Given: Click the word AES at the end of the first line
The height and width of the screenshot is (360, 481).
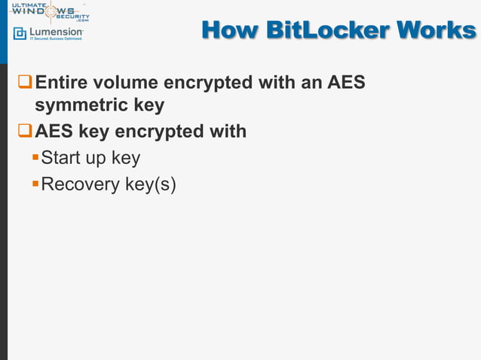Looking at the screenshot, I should [345, 81].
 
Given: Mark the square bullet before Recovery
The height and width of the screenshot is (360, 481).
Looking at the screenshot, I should [35, 183].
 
